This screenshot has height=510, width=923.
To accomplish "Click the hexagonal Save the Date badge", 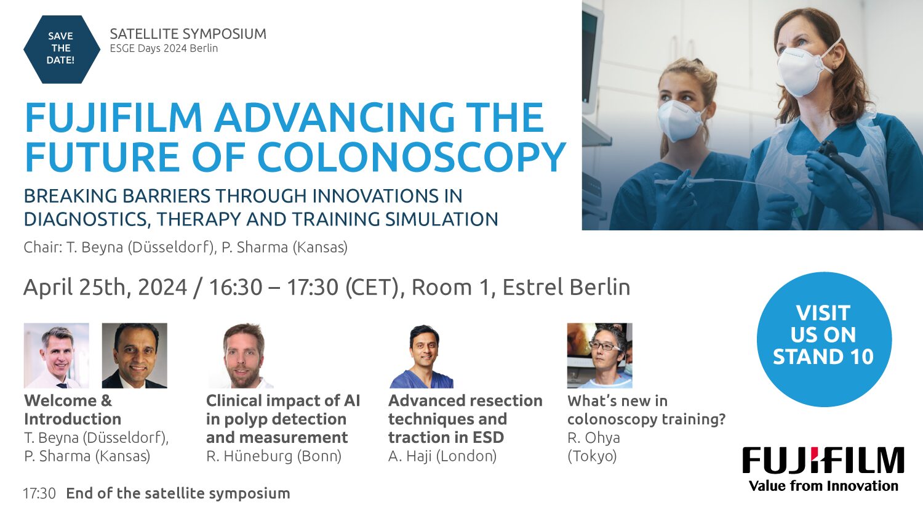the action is (62, 49).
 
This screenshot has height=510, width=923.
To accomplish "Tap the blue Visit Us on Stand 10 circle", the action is (824, 339).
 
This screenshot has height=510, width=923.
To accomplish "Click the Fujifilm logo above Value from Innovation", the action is (823, 460).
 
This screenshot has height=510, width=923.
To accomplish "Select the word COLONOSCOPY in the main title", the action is (412, 157).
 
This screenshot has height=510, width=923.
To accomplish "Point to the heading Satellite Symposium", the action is (188, 34).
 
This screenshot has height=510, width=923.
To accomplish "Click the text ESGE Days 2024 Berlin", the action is (164, 48).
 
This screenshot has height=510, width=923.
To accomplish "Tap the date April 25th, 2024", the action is (105, 287).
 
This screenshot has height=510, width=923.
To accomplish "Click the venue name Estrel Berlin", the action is (566, 287).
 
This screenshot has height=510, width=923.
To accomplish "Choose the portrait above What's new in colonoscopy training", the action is (599, 355).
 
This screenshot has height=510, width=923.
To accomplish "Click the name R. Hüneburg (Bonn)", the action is (274, 456).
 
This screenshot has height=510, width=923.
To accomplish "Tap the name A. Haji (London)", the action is (442, 456).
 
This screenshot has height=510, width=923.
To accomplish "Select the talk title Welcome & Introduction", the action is (73, 410).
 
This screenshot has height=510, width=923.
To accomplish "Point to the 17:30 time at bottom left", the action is (39, 493).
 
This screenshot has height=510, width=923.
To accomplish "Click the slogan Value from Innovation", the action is (823, 485).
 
